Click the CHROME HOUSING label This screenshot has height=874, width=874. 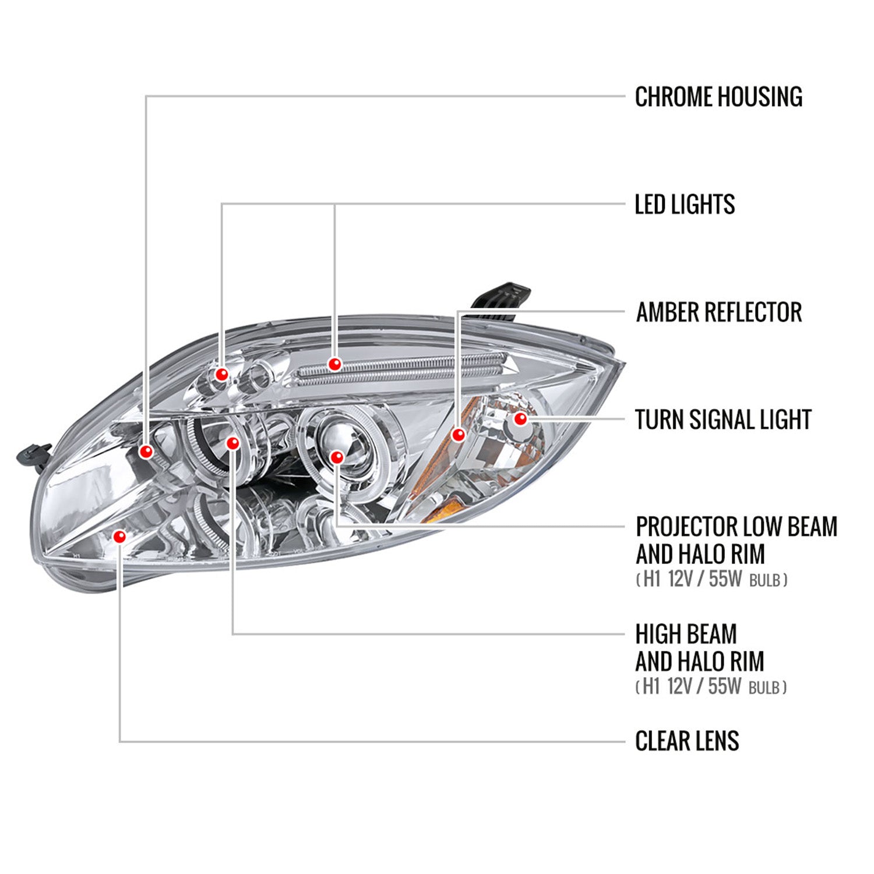[x=718, y=97]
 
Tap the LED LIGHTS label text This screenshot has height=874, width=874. [x=684, y=205]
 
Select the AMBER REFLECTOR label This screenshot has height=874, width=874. [x=718, y=312]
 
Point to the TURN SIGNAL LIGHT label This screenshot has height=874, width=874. [x=723, y=420]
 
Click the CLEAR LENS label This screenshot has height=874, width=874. [x=686, y=741]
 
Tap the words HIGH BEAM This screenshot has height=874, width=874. [x=686, y=634]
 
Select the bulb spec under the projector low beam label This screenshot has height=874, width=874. [x=711, y=580]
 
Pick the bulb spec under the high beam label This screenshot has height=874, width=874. [x=711, y=687]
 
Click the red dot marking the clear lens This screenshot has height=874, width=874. [x=119, y=537]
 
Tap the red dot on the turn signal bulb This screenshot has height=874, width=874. [x=520, y=418]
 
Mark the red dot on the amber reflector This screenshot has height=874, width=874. [x=459, y=435]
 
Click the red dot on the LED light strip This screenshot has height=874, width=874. [x=334, y=364]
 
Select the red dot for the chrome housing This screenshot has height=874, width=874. [x=146, y=451]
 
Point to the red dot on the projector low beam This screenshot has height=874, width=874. [x=336, y=457]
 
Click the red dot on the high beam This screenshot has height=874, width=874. [x=232, y=443]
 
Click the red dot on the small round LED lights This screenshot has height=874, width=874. [x=221, y=374]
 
